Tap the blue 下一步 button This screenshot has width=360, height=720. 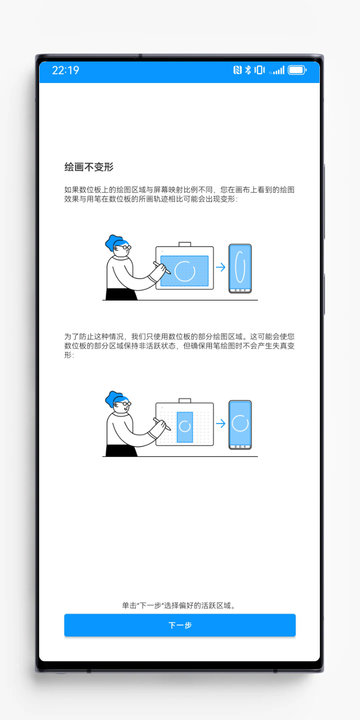180,625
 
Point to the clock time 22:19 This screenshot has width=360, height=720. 65,71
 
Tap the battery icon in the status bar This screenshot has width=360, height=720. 297,71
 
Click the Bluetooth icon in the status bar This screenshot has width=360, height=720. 247,71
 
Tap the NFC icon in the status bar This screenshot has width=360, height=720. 237,71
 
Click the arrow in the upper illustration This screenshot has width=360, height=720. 220,267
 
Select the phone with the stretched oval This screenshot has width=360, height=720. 240,267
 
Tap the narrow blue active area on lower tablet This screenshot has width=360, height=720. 185,425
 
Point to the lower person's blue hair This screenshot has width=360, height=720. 112,400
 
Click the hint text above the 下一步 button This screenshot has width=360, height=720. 180,605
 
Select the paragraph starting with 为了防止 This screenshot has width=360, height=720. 180,345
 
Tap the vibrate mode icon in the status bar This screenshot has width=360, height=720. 259,71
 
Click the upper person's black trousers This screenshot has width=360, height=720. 118,293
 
